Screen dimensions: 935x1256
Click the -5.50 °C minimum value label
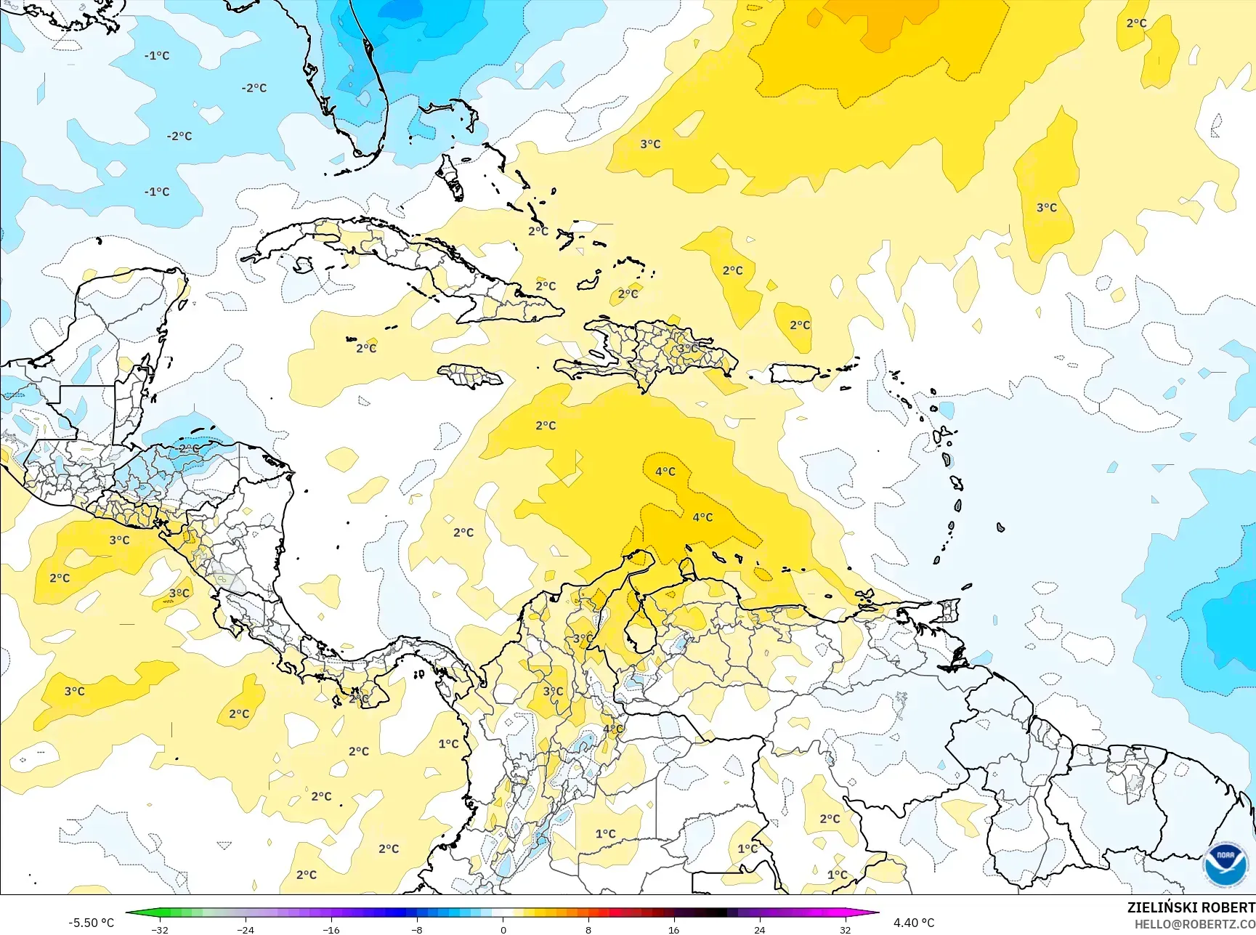click(91, 923)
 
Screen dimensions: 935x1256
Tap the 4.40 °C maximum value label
click(913, 923)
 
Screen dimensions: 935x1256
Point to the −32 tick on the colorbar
click(161, 929)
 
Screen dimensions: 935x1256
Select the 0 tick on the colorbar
click(503, 929)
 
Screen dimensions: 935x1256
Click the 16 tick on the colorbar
click(673, 929)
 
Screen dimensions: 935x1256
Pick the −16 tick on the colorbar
click(331, 929)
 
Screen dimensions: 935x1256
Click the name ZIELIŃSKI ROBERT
click(1190, 907)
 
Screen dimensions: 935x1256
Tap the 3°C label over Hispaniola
click(687, 349)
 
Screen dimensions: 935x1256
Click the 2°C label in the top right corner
click(1136, 23)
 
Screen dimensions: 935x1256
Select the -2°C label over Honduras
click(188, 448)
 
